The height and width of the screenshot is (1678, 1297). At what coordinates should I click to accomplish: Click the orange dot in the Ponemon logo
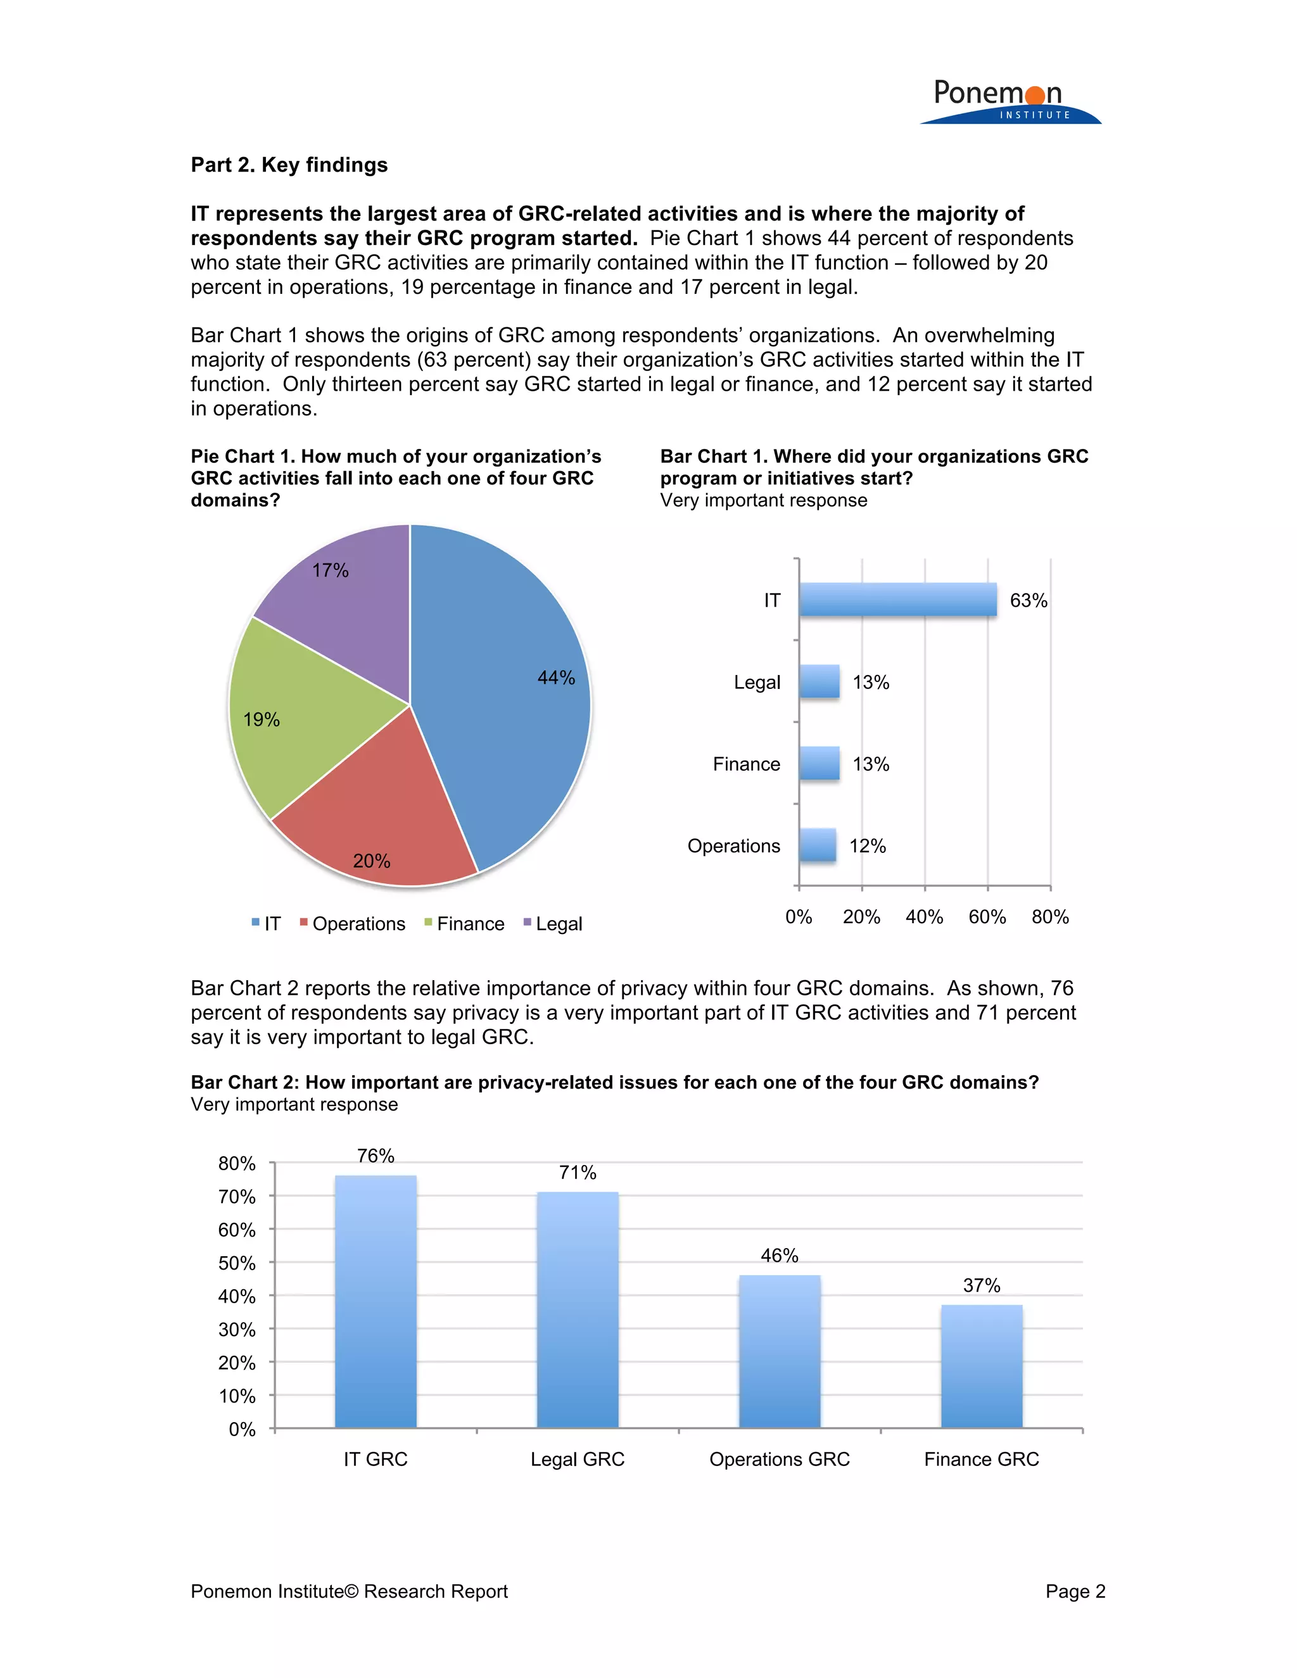(1035, 95)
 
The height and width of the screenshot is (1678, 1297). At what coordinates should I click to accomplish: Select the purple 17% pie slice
(346, 607)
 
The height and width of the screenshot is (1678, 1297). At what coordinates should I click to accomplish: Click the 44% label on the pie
(555, 678)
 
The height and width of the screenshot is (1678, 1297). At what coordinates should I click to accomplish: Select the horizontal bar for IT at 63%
(897, 600)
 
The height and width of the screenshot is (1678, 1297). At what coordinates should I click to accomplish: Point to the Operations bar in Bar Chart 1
(818, 845)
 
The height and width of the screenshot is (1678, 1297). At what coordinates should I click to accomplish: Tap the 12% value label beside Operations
(868, 846)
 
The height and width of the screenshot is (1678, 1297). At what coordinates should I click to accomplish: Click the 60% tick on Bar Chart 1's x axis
(987, 917)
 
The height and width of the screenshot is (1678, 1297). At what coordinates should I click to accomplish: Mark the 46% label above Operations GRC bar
(779, 1256)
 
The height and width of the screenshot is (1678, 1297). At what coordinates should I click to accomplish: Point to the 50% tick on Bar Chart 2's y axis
(237, 1263)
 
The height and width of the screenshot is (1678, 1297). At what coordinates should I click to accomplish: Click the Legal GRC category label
(577, 1459)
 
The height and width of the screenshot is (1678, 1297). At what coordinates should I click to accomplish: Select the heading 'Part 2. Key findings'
(289, 165)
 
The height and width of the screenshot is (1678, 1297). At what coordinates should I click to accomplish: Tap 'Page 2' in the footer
(1075, 1591)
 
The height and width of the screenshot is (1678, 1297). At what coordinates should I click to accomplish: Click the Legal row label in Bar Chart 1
(757, 682)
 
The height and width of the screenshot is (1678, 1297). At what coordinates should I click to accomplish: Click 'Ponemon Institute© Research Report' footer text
(349, 1591)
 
